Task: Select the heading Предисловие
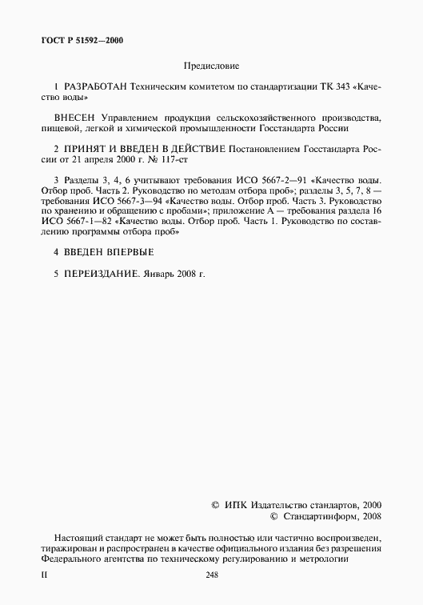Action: tap(211, 66)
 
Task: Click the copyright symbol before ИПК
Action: tap(215, 506)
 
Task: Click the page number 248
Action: tap(212, 575)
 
